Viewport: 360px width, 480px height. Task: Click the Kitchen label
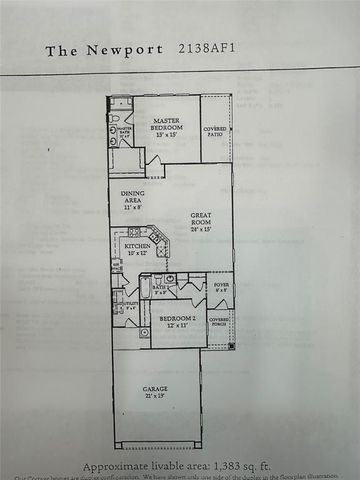[x=137, y=245]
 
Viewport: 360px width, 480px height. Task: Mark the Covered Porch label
[x=219, y=321]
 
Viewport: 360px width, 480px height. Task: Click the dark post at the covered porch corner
[x=232, y=345]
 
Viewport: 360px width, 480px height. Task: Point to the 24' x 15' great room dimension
[x=204, y=228]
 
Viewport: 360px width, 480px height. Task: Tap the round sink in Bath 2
[x=169, y=279]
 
